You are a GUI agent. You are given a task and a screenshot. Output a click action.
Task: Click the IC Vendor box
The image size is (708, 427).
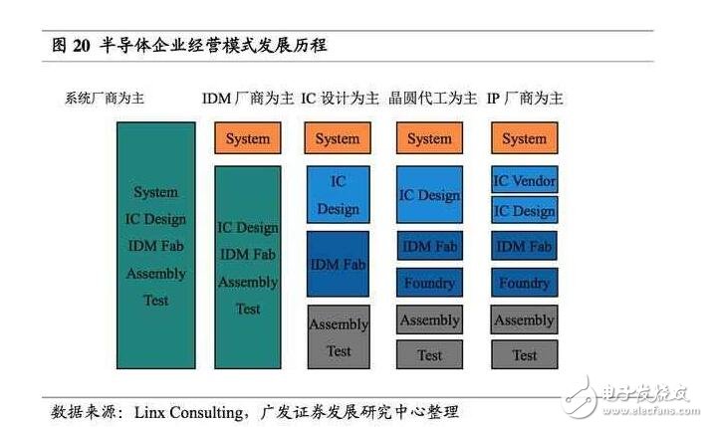[x=524, y=179]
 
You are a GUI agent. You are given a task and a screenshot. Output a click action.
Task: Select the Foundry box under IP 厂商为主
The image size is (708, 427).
[x=524, y=283]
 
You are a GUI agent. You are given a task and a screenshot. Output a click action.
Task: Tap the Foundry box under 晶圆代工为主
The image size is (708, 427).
[x=429, y=283]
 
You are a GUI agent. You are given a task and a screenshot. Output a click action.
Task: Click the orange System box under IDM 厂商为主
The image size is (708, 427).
[x=247, y=138]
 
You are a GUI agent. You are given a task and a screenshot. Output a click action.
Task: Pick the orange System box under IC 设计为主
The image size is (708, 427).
[x=338, y=138]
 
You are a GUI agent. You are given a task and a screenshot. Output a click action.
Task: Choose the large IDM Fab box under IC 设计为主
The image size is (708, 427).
[x=338, y=264]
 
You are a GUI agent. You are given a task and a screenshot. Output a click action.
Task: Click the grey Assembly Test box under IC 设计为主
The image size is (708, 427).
[x=339, y=337]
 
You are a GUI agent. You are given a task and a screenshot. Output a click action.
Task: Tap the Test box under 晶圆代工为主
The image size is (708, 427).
[x=429, y=354]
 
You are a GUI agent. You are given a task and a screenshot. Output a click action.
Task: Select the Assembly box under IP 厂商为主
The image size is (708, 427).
[x=524, y=320]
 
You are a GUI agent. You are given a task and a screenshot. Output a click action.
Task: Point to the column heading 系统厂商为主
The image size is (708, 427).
[x=105, y=98]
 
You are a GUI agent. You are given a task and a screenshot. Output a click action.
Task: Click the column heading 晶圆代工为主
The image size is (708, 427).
[x=432, y=98]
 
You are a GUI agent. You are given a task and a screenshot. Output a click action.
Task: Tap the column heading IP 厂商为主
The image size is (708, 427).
[x=525, y=98]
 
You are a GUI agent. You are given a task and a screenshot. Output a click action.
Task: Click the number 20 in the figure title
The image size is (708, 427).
[x=82, y=46]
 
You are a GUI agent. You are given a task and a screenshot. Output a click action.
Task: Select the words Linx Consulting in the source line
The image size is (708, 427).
[x=189, y=412]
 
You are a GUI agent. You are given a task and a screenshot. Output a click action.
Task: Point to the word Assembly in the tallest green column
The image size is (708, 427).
[x=156, y=274]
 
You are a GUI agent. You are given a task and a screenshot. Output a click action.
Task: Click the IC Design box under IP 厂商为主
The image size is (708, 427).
[x=524, y=210]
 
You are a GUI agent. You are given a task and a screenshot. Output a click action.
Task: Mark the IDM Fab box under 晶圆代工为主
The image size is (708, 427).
[x=430, y=246]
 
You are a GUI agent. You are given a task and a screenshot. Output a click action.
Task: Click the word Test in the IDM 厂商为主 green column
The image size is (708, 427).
[x=248, y=310]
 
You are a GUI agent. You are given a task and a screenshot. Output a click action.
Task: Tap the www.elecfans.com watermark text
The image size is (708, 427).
[x=650, y=410]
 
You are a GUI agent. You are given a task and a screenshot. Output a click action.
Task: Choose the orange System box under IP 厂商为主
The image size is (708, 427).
[x=524, y=138]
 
